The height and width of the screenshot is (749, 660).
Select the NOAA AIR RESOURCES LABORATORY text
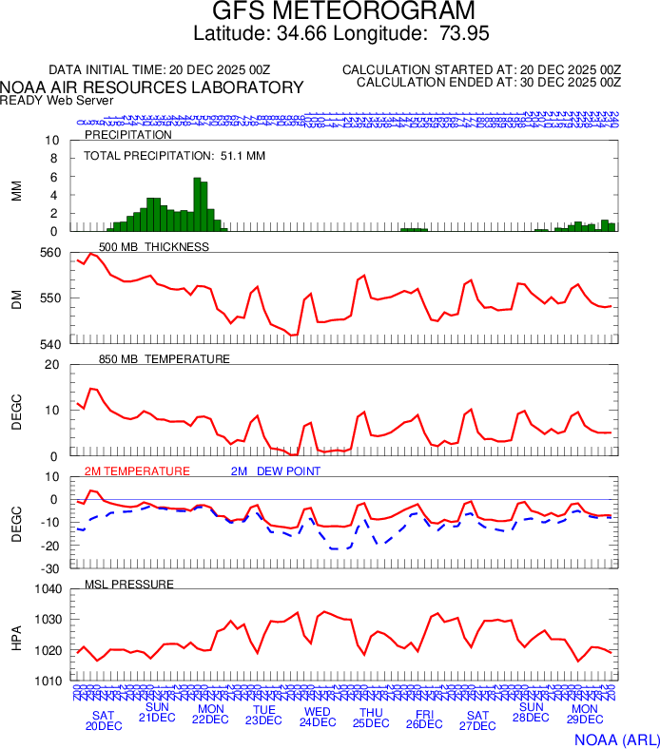pyautogui.click(x=152, y=87)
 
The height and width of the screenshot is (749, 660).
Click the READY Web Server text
pyautogui.click(x=57, y=100)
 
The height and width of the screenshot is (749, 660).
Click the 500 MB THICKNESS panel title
pyautogui.click(x=153, y=247)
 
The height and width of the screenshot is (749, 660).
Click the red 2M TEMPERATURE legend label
pyautogui.click(x=137, y=471)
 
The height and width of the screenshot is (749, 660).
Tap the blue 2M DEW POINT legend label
pyautogui.click(x=276, y=471)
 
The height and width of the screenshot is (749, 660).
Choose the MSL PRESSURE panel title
pyautogui.click(x=129, y=584)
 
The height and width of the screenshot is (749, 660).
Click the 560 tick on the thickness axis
pyautogui.click(x=49, y=253)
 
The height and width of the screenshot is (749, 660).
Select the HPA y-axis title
pyautogui.click(x=16, y=635)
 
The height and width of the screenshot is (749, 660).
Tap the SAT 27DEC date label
pyautogui.click(x=477, y=720)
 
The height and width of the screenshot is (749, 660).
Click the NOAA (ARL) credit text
pyautogui.click(x=615, y=738)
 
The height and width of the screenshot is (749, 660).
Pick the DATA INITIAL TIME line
pyautogui.click(x=159, y=70)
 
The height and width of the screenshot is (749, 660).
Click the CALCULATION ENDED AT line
pyautogui.click(x=488, y=83)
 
